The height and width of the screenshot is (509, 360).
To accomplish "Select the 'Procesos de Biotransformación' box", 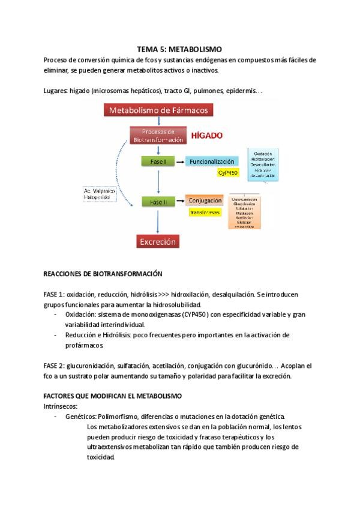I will (x=158, y=136).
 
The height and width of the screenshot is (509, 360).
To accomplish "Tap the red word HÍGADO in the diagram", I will (x=207, y=136).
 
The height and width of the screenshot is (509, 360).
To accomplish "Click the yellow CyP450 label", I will (x=228, y=173).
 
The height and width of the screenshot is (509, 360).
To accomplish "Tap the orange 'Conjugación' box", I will (x=205, y=201).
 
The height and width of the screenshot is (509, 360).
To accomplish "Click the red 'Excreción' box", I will (x=158, y=242).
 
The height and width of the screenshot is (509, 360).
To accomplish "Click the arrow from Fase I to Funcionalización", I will (x=179, y=162).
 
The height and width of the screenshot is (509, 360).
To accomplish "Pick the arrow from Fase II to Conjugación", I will (x=179, y=202).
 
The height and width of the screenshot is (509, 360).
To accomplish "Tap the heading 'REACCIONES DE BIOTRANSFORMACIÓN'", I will (x=103, y=273).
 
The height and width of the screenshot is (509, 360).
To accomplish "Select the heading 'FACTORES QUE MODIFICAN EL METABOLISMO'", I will (x=113, y=397).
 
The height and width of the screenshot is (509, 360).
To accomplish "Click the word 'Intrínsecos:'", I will (x=61, y=406).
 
